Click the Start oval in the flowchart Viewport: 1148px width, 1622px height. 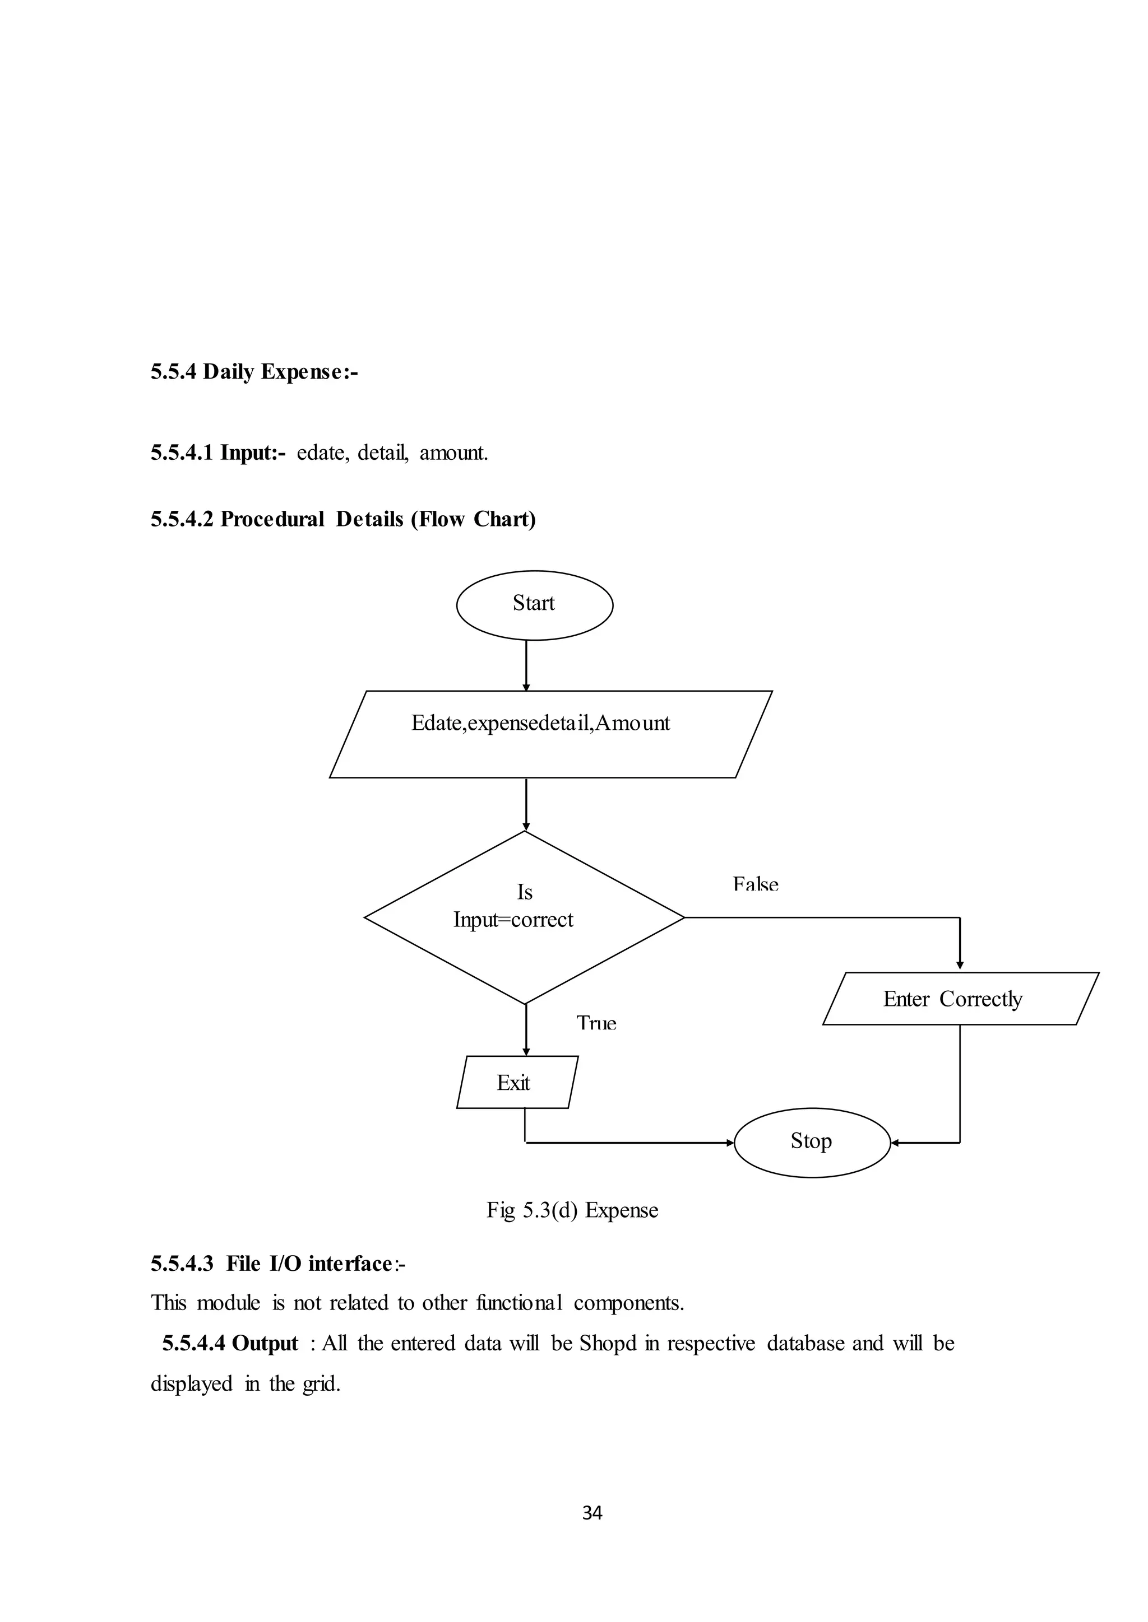click(534, 605)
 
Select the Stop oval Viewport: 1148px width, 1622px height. click(812, 1143)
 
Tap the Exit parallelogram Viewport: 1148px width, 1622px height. click(517, 1082)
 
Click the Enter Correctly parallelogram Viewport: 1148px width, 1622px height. click(960, 999)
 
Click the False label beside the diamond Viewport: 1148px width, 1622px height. click(756, 884)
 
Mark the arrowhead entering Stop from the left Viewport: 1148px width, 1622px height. click(730, 1143)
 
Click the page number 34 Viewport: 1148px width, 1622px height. click(592, 1512)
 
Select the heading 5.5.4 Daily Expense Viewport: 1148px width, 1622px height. click(254, 371)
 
